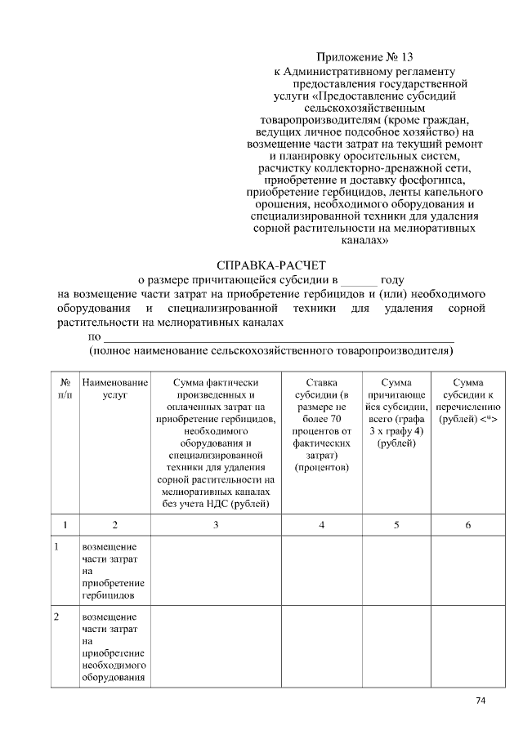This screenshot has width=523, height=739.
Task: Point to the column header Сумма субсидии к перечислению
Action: [467, 401]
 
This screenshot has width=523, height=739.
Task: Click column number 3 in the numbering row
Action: [216, 524]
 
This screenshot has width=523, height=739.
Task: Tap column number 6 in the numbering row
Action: [467, 524]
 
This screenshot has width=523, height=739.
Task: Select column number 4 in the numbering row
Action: [322, 524]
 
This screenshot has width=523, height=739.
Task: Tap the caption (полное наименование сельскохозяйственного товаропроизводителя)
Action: [270, 350]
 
